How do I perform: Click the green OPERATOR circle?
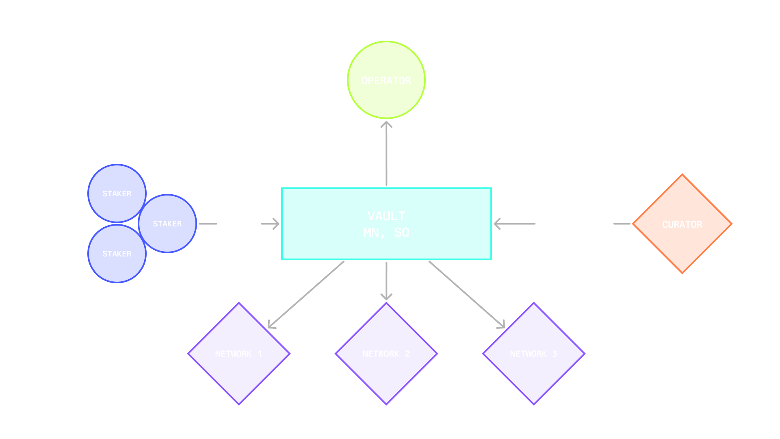(x=386, y=80)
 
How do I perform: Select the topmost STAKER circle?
(x=117, y=193)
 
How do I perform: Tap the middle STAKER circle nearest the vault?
(x=167, y=224)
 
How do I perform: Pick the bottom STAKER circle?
(x=117, y=254)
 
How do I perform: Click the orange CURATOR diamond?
(x=682, y=224)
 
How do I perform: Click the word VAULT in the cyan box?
(x=386, y=216)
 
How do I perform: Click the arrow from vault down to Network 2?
(x=386, y=280)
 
